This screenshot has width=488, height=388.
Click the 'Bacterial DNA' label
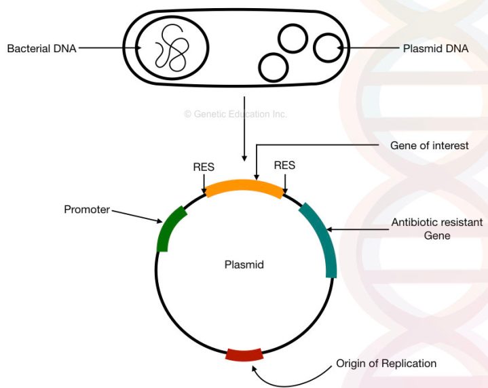(41, 49)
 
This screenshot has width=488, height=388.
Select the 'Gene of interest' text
(429, 146)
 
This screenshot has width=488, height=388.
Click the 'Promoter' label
(87, 210)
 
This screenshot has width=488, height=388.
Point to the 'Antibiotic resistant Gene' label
(437, 229)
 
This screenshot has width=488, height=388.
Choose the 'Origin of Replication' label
(386, 364)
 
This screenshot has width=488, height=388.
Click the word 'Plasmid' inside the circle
(244, 265)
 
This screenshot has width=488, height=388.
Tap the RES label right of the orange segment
(284, 166)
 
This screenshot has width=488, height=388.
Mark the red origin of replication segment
(244, 354)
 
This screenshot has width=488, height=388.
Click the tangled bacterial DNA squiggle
(171, 50)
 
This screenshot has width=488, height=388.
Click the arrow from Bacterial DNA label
(109, 49)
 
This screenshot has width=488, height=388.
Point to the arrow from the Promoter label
(136, 216)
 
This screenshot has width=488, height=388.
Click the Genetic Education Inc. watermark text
(236, 115)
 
